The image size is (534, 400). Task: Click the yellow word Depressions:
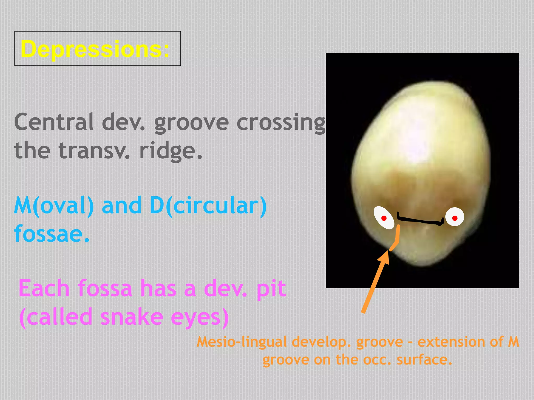pyautogui.click(x=95, y=49)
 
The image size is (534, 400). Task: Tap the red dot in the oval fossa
pyautogui.click(x=384, y=218)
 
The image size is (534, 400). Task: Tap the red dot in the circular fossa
pyautogui.click(x=455, y=218)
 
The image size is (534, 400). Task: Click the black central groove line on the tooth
pyautogui.click(x=420, y=221)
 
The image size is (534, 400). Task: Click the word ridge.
pyautogui.click(x=171, y=151)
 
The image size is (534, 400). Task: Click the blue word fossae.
pyautogui.click(x=52, y=234)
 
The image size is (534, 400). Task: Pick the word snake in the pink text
pyautogui.click(x=132, y=317)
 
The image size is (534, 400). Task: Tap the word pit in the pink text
pyautogui.click(x=271, y=289)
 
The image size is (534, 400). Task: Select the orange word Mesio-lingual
pyautogui.click(x=241, y=342)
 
